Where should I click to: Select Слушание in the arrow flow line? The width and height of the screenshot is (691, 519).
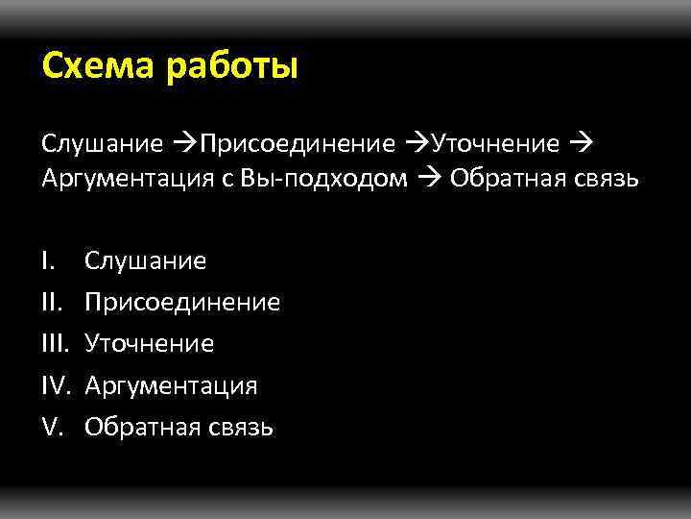(102, 144)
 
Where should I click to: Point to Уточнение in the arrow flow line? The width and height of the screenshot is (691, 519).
(495, 144)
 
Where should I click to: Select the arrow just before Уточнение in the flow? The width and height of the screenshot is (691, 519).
(417, 144)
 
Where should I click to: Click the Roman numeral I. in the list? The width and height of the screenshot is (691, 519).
(48, 260)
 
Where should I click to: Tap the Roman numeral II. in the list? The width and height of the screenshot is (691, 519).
(51, 303)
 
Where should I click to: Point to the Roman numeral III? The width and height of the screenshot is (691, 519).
(55, 344)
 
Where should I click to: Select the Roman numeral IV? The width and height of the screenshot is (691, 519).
(57, 386)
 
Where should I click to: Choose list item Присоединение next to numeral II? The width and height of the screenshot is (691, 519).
(182, 303)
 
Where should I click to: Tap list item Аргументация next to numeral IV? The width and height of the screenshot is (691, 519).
(171, 386)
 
